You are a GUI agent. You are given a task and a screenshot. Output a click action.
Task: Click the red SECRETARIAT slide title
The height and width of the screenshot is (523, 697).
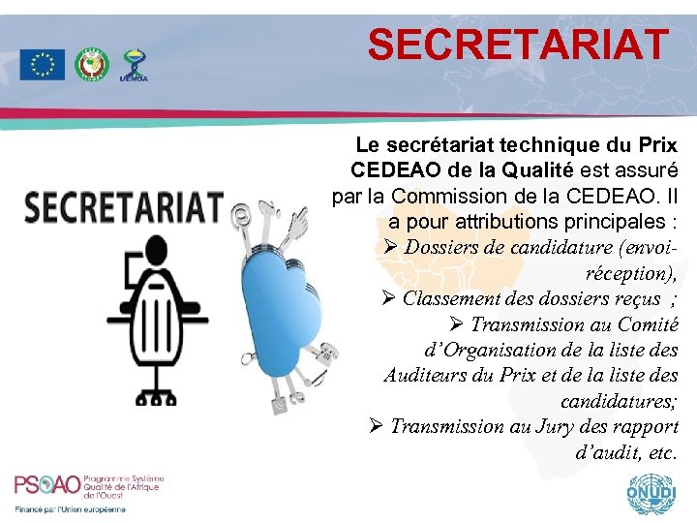[x=519, y=45]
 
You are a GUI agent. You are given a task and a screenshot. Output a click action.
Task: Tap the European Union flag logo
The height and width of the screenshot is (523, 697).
[x=42, y=65]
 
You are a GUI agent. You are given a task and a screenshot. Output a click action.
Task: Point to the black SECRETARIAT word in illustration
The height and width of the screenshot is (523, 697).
[x=123, y=206]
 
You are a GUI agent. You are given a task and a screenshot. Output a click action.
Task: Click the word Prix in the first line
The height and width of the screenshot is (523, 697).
[x=657, y=146]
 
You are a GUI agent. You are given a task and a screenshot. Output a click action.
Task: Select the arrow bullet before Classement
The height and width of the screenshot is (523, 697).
[x=391, y=298]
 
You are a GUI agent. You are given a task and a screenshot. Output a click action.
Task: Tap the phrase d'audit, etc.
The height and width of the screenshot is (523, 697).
[x=626, y=451]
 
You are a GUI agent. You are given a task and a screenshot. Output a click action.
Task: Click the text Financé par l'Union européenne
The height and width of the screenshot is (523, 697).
[x=70, y=508]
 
